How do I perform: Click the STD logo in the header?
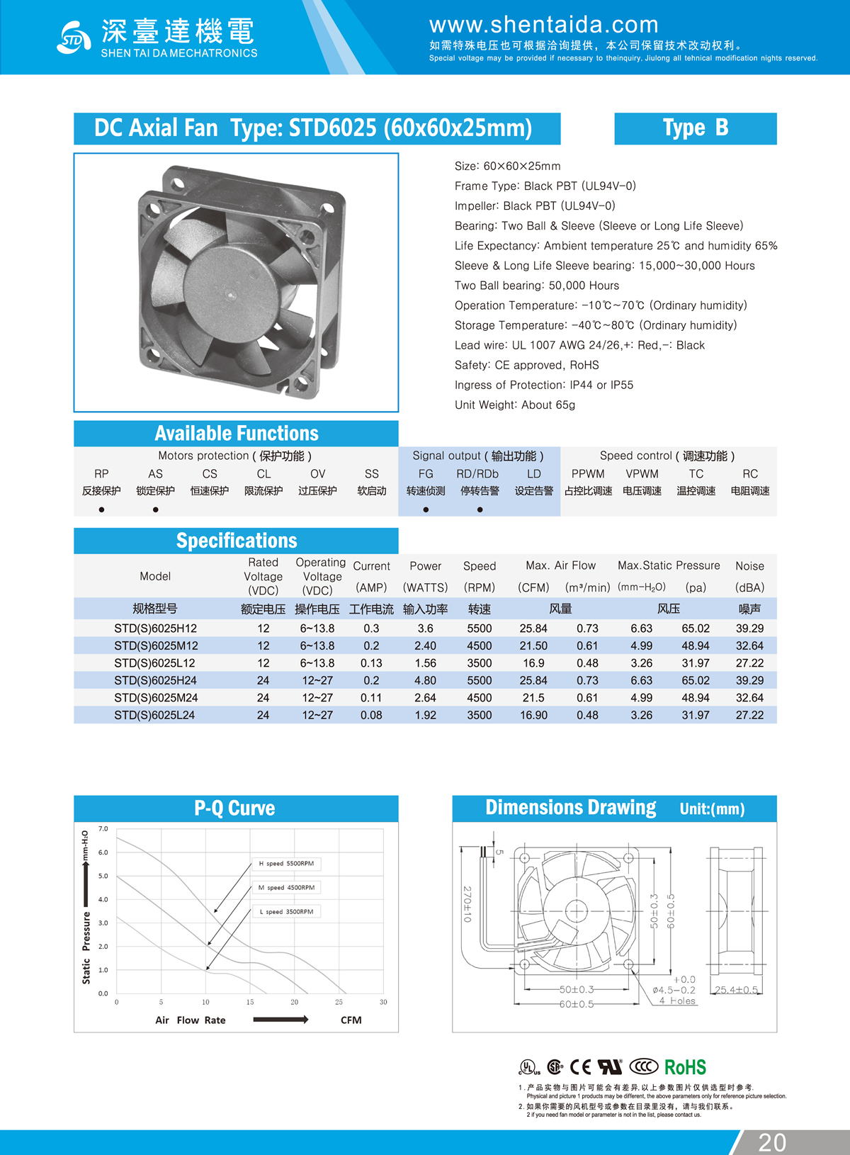coord(73,38)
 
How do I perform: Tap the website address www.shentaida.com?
coord(543,25)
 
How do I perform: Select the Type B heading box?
coord(695,128)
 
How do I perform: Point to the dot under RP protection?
coord(101,509)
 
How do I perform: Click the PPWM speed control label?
coord(588,474)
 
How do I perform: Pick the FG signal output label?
coord(426,474)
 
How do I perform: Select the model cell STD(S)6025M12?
coord(156,646)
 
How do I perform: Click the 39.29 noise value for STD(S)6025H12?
coord(749,629)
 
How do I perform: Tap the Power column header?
coord(425,566)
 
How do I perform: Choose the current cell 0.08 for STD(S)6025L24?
coord(371,715)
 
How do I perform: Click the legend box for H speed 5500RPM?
coord(286,864)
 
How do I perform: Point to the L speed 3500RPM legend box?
coord(286,912)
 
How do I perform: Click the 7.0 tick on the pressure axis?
coord(103,828)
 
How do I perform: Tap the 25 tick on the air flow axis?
coord(339,1002)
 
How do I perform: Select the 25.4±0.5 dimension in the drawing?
coord(737,990)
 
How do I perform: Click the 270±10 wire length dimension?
coord(467,904)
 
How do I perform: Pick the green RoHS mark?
coord(685,1067)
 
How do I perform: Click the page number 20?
coord(771,1142)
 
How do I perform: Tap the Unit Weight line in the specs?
coord(515,405)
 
